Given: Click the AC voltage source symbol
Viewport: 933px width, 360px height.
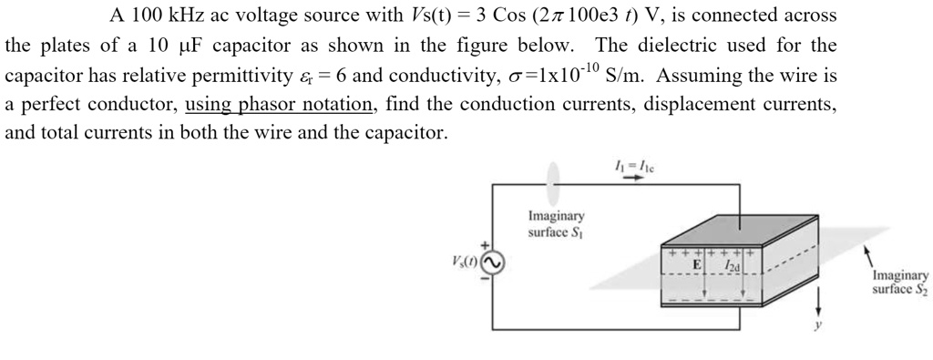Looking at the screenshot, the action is [x=492, y=262].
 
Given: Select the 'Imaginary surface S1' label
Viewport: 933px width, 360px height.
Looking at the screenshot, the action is [x=556, y=224].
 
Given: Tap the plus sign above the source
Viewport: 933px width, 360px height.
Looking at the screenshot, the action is [x=487, y=243].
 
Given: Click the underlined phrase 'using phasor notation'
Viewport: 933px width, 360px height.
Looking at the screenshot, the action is [x=279, y=104].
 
